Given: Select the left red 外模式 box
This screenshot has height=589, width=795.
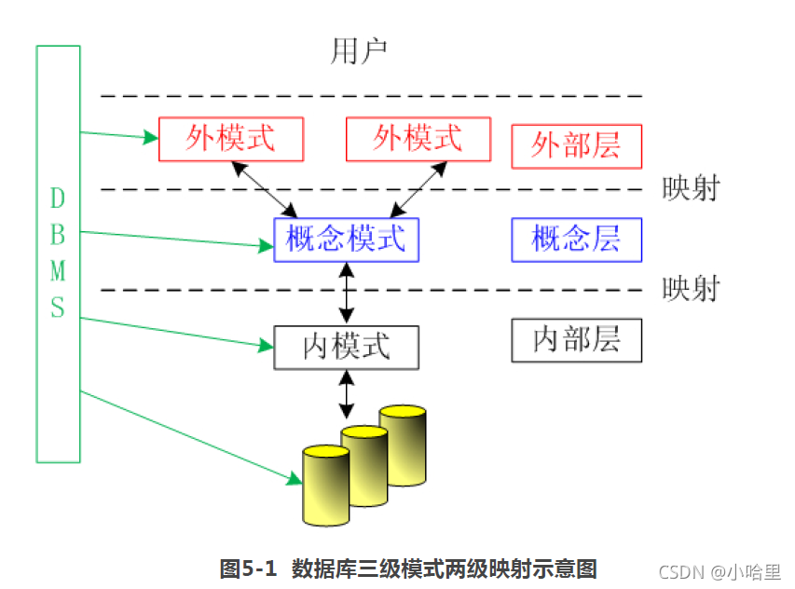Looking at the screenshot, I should tap(231, 139).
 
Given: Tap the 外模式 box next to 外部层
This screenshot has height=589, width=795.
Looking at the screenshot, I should tap(418, 139).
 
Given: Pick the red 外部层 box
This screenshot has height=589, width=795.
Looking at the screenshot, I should tap(577, 146).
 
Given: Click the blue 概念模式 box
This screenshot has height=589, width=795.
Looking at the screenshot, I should tap(346, 240).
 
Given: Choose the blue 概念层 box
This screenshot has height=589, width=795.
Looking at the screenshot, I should tap(577, 240).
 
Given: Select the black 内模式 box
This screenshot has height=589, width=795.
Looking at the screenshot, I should tap(347, 347).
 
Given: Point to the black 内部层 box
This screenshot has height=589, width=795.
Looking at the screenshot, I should tap(577, 340).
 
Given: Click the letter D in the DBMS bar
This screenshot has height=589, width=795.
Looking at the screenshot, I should tap(58, 199).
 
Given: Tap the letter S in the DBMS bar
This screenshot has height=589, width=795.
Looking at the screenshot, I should tap(58, 308).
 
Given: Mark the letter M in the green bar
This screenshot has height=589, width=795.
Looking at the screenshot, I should tap(58, 271).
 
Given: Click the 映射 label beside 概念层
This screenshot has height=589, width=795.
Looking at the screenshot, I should tap(691, 189).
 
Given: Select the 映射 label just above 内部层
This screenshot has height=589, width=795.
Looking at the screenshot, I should tap(691, 289).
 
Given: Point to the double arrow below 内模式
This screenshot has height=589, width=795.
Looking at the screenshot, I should tap(347, 394).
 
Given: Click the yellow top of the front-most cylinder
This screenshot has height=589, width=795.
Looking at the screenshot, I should tap(326, 453).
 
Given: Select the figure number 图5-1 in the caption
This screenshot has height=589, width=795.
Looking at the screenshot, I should tap(248, 568).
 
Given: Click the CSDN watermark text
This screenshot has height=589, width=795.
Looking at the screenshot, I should tap(680, 571).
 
